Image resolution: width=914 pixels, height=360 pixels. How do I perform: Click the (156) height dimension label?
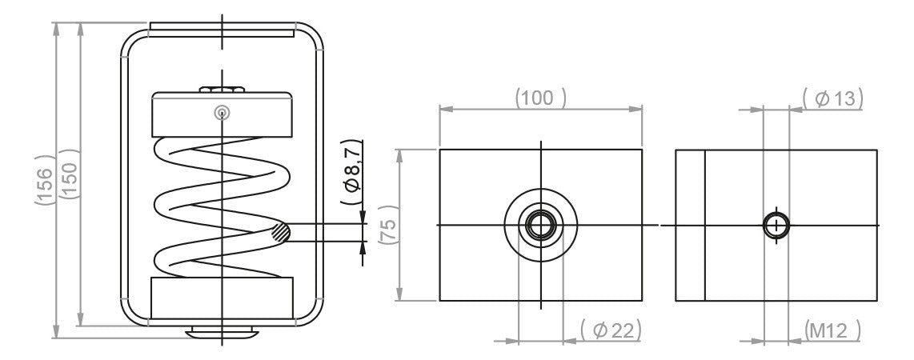[x=45, y=180]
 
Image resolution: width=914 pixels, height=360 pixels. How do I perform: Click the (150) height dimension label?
[x=70, y=174]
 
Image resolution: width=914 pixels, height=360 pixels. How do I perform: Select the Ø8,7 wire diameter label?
[x=352, y=172]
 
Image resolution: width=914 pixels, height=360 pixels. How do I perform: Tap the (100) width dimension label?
[x=540, y=98]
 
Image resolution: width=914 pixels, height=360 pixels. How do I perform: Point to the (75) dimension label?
[x=388, y=224]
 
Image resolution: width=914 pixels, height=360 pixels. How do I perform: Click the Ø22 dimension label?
[x=611, y=330]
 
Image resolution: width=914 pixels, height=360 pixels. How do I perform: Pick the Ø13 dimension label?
[x=832, y=99]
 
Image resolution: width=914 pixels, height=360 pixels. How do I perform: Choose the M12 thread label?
[x=832, y=330]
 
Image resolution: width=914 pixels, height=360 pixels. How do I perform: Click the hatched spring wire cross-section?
[x=280, y=233]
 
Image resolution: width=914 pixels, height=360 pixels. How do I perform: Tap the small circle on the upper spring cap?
[x=222, y=113]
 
